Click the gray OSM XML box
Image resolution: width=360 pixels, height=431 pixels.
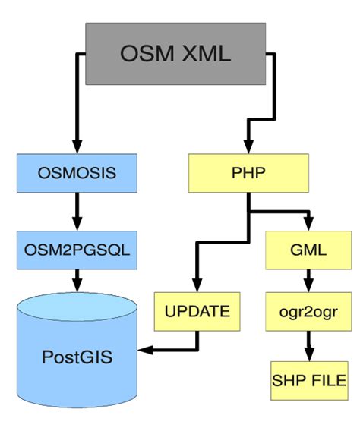[175, 52]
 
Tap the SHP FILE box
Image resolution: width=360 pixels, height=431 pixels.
[308, 379]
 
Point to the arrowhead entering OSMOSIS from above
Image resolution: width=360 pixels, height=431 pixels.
[76, 147]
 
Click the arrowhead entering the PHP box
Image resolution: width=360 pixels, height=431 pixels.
[248, 147]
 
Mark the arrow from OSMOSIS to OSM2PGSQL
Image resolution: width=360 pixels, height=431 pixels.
[76, 211]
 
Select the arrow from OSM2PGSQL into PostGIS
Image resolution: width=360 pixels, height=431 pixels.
[76, 282]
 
